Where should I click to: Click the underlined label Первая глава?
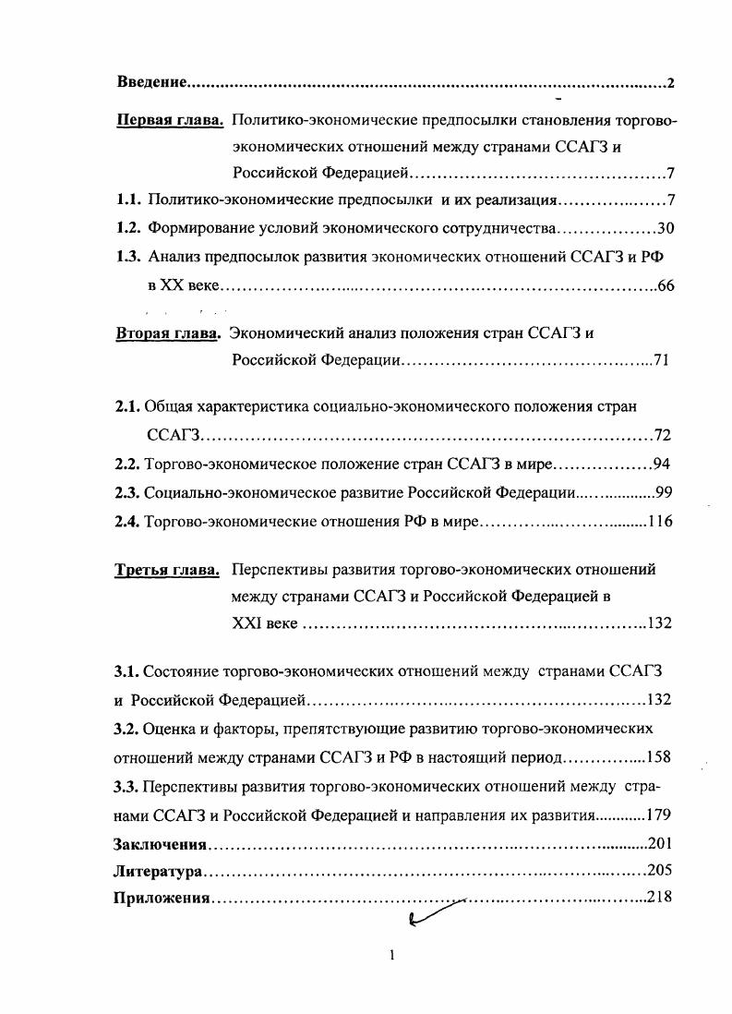[x=170, y=120]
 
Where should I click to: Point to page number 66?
[x=666, y=285]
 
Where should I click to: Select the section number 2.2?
[x=126, y=464]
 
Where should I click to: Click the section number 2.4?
[x=126, y=522]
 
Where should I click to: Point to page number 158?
[x=658, y=757]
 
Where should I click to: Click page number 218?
[x=658, y=898]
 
